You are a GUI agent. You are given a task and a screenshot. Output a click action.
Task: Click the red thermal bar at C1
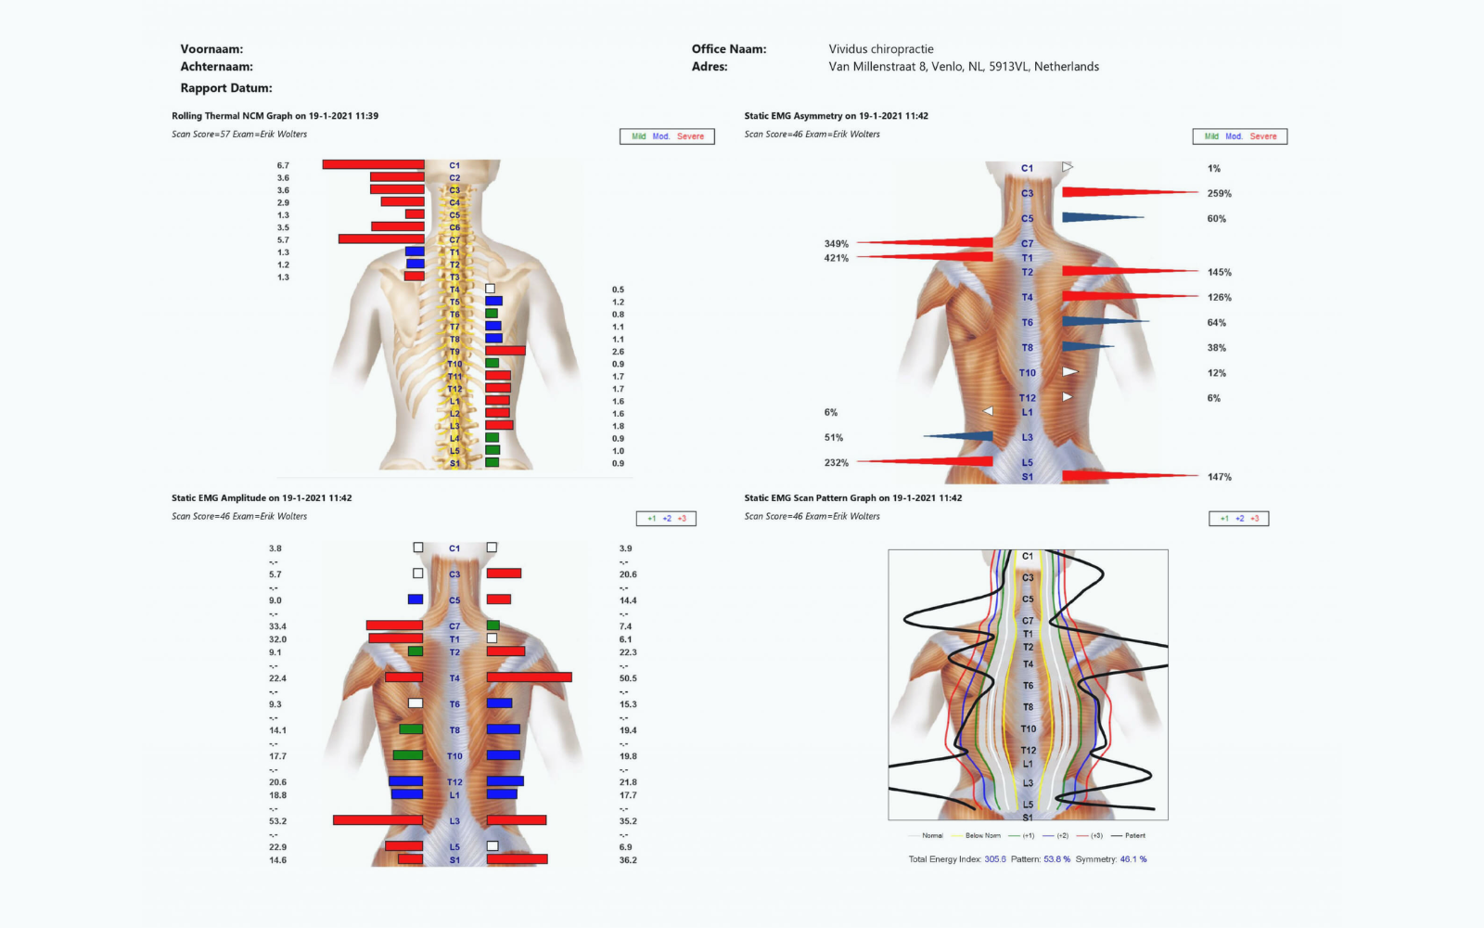click(x=373, y=164)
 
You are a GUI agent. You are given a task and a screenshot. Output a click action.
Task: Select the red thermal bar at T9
click(x=505, y=351)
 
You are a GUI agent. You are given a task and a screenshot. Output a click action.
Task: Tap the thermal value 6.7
click(x=283, y=165)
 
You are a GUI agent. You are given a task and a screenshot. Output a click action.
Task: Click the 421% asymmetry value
click(x=836, y=258)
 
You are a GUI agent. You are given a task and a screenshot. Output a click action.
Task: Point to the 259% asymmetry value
click(x=1219, y=194)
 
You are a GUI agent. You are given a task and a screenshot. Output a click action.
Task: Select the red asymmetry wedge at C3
click(x=1113, y=192)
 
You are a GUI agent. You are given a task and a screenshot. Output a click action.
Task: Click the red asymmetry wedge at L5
click(x=937, y=461)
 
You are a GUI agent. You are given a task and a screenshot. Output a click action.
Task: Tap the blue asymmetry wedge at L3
click(x=965, y=436)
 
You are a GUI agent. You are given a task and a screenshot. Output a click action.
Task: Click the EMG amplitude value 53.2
click(x=277, y=821)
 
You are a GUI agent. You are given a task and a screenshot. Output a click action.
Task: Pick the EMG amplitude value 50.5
click(x=628, y=678)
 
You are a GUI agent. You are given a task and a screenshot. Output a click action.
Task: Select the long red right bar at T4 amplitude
click(x=529, y=677)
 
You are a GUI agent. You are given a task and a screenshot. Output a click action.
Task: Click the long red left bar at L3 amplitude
click(x=377, y=820)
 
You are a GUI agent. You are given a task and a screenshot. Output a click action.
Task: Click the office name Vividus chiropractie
click(x=881, y=49)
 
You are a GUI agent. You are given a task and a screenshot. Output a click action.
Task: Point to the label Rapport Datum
click(x=226, y=88)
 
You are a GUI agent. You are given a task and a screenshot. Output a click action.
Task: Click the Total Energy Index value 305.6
click(x=995, y=859)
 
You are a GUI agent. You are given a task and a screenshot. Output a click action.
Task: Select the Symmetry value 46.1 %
click(x=1132, y=859)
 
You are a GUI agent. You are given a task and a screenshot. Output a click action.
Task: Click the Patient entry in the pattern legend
click(x=1134, y=835)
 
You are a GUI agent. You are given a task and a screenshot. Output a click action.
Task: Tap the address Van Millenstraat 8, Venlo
click(x=964, y=67)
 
